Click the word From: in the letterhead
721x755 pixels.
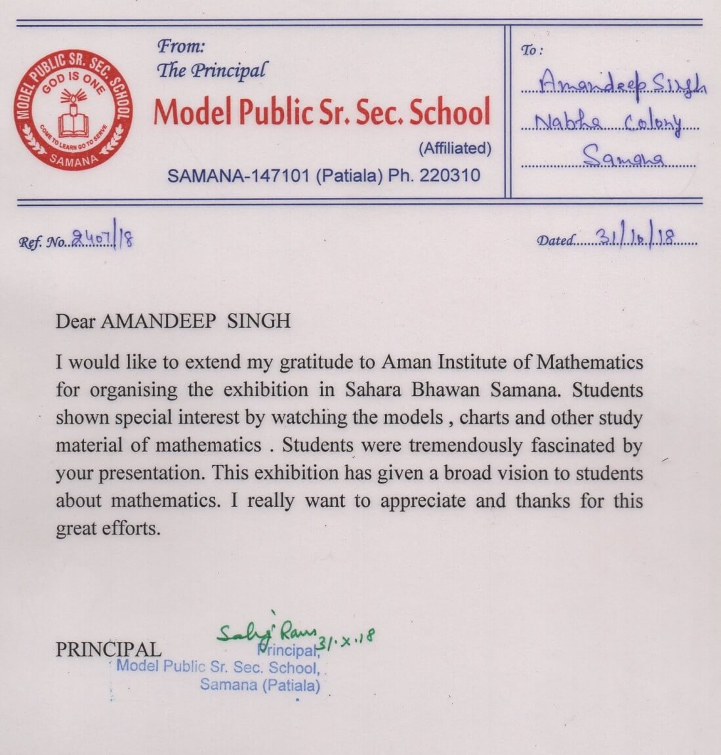tap(182, 47)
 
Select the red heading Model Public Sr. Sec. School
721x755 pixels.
tap(321, 112)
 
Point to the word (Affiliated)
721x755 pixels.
tap(455, 148)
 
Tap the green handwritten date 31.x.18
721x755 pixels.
tap(346, 638)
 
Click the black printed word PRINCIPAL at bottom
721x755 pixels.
tap(108, 649)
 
